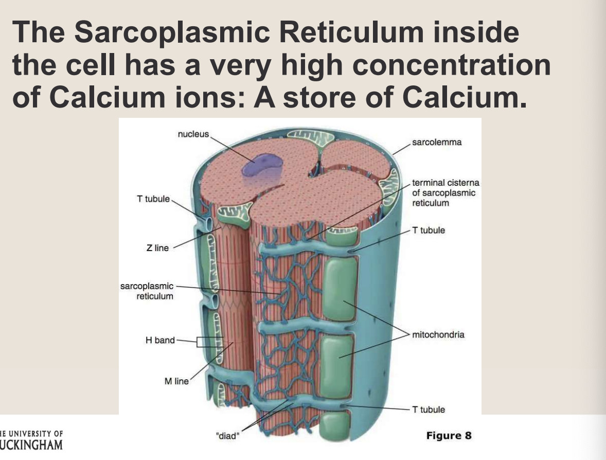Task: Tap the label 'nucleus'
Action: coord(193,134)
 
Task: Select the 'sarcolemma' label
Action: coord(437,142)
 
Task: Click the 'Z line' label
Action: coord(157,248)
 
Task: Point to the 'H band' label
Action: coord(161,340)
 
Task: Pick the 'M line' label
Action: coord(176,381)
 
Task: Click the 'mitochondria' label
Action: coord(438,335)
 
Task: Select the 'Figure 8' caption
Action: coord(449,436)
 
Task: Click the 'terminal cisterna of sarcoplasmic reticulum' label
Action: coord(444,193)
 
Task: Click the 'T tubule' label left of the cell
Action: coord(153,199)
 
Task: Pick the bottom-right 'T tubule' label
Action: coord(429,410)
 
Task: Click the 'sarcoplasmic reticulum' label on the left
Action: coord(147,291)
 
